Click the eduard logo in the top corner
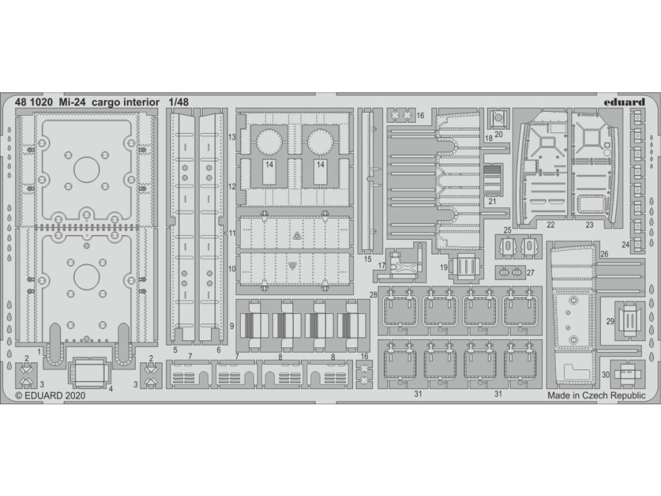625,101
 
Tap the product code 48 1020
32,101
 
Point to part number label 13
231,138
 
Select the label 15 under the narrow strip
368,260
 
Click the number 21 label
493,201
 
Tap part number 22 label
550,225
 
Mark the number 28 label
373,295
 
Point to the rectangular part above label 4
88,371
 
